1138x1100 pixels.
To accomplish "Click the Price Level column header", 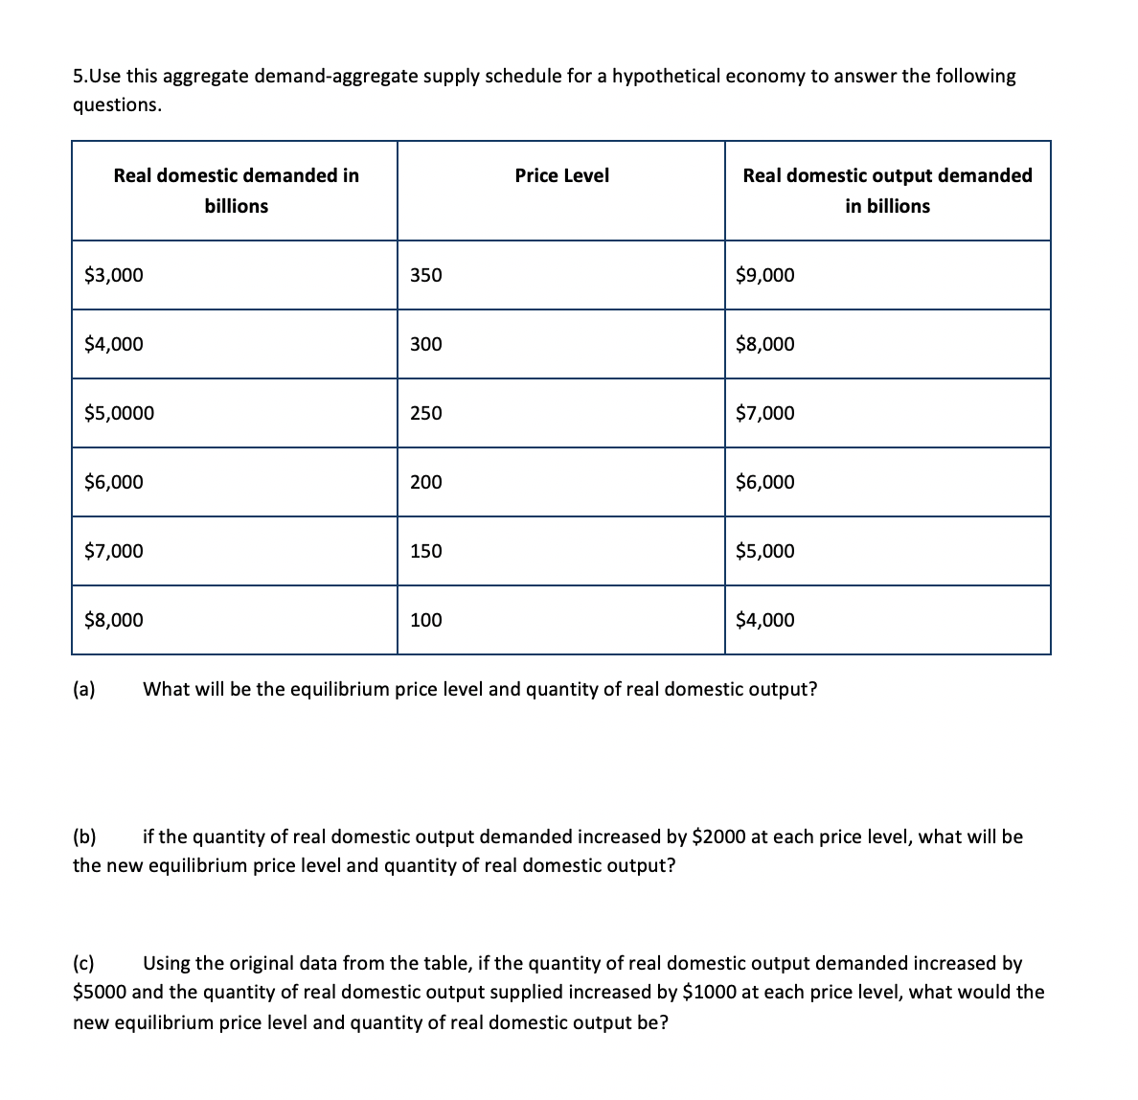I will pos(561,175).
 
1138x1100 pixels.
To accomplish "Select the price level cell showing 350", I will pos(425,276).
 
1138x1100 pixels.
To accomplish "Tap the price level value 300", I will pos(425,345).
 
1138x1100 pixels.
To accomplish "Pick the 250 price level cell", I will pos(425,414).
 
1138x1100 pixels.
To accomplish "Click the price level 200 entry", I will pos(425,483).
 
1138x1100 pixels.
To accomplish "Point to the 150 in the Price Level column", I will pos(425,552).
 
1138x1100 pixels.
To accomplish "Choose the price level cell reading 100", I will pos(425,621).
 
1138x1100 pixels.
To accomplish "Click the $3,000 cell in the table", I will pos(114,276).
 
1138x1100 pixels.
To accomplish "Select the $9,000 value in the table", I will pos(764,276).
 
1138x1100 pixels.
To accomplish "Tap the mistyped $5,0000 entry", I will pos(119,414).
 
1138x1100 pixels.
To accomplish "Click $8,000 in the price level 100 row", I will pos(114,621).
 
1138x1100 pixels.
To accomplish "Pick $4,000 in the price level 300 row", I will pos(114,345).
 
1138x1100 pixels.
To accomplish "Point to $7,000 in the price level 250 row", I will pos(764,414).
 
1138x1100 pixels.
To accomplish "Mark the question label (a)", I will pos(84,689).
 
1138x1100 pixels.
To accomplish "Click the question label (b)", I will pos(84,837).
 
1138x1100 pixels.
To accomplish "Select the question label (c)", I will pos(84,963).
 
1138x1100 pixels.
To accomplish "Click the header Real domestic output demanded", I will pos(887,175).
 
